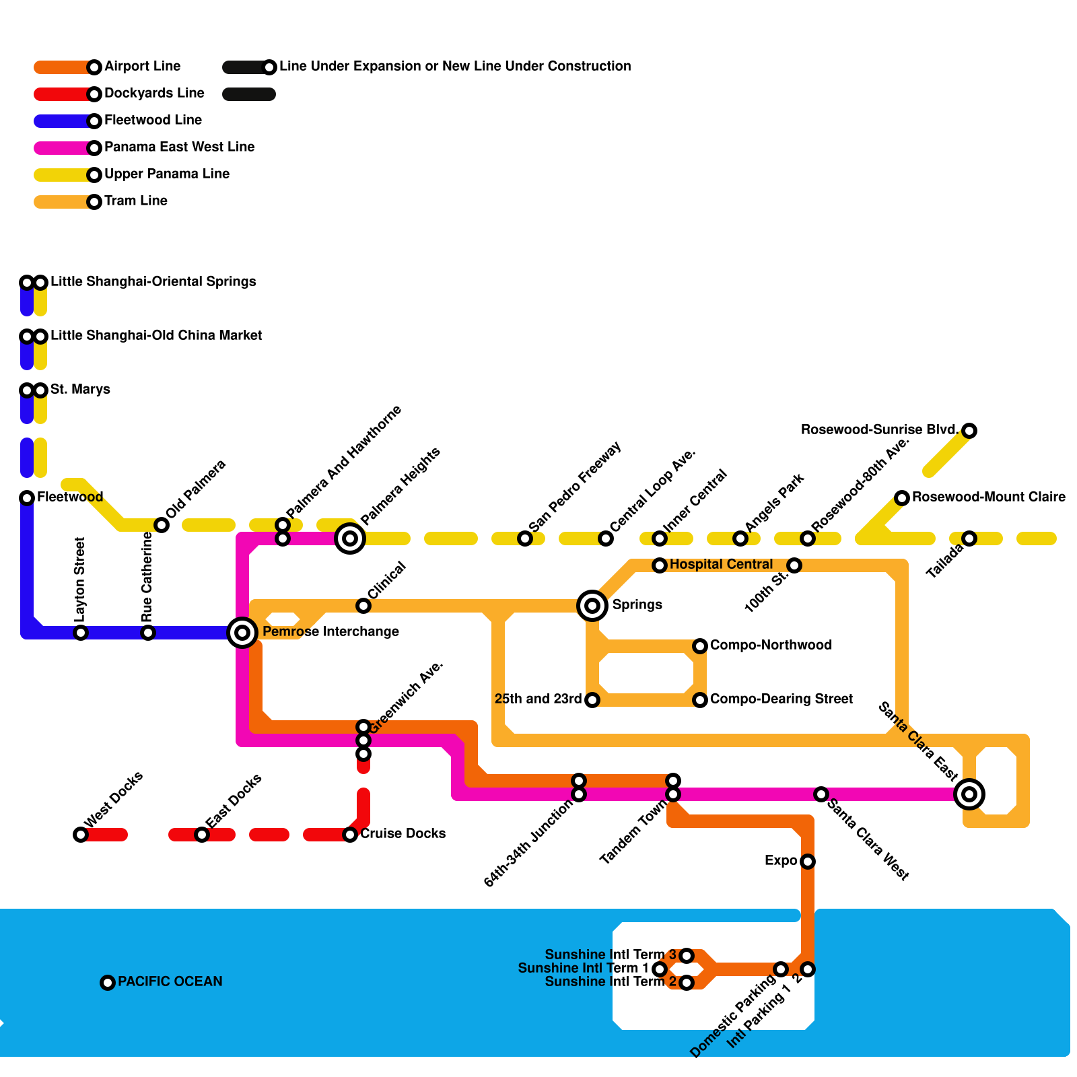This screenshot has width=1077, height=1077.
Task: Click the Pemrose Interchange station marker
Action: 242,633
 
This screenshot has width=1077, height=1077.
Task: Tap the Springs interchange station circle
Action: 592,606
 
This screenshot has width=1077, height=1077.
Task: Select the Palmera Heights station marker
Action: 350,538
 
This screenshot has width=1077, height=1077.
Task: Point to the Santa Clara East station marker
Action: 969,794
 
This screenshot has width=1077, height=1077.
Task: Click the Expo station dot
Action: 808,862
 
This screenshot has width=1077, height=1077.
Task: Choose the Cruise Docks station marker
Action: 350,835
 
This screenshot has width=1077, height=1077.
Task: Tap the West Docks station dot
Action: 81,835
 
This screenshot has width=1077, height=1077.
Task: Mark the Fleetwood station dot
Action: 27,498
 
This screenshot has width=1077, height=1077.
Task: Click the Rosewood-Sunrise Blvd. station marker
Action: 969,431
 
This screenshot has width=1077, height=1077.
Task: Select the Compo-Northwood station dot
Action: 700,646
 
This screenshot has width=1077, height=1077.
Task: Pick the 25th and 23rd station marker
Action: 592,700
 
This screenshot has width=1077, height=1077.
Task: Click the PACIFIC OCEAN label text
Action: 170,981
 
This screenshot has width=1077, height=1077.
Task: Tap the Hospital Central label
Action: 721,564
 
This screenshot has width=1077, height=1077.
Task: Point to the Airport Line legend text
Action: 143,66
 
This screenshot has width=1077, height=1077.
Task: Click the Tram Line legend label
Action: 136,201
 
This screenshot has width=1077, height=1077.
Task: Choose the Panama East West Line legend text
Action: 180,147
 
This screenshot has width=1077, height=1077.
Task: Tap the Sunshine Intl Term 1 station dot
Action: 660,969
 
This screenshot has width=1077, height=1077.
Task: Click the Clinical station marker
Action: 363,606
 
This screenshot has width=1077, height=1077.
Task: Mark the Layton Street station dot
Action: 81,633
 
